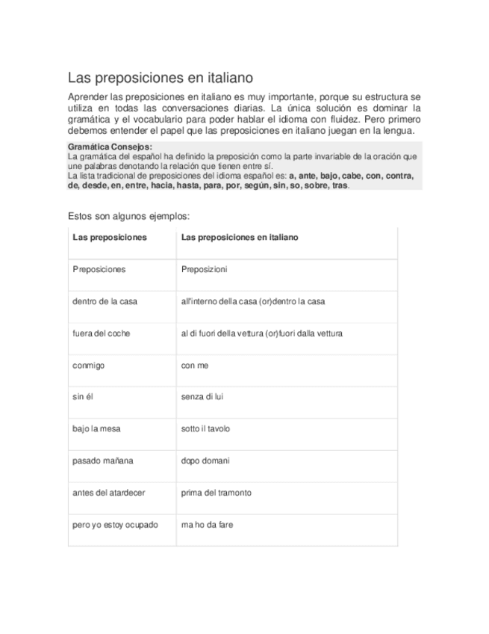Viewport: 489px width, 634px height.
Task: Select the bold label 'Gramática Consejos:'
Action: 110,147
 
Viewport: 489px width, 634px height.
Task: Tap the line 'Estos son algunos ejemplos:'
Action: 129,215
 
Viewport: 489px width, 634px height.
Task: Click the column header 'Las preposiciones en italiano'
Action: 240,237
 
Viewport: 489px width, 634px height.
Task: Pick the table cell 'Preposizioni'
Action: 204,269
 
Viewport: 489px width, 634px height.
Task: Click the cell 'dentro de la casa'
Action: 105,301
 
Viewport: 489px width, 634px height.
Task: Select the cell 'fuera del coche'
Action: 101,333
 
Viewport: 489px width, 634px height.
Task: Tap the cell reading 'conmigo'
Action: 88,366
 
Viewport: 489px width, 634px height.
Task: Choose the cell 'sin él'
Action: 83,397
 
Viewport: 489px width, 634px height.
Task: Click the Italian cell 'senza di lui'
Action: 202,397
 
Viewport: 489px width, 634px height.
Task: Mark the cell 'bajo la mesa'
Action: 96,429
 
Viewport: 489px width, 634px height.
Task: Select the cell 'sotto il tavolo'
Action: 205,429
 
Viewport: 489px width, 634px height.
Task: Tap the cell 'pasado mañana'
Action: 102,461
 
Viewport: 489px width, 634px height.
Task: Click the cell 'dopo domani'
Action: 205,461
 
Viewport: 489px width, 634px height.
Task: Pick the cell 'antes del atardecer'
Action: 108,493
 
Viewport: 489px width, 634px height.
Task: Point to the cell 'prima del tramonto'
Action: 217,493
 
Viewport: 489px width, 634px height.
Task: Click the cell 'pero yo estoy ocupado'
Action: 115,525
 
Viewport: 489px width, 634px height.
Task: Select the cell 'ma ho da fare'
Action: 207,525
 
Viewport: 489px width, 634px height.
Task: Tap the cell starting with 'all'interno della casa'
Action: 253,301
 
